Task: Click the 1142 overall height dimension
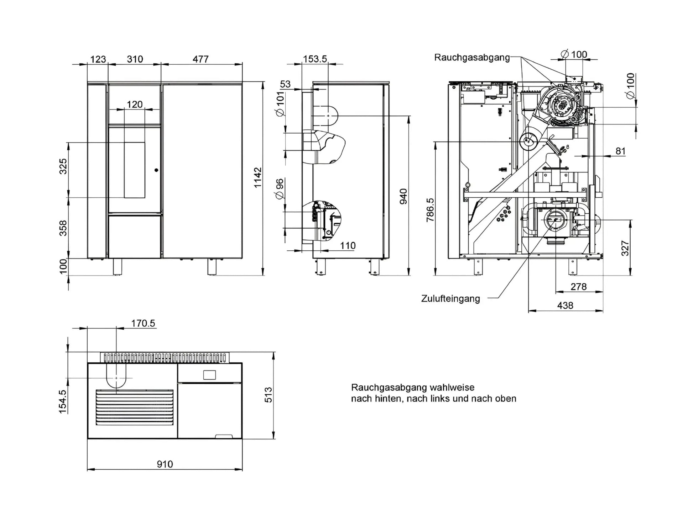(x=258, y=177)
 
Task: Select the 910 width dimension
(x=165, y=464)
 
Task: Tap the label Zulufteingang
(x=450, y=299)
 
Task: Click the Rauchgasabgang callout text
(x=472, y=58)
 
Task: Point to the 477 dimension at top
(x=200, y=59)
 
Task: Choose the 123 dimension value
(x=98, y=59)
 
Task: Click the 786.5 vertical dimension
(x=431, y=210)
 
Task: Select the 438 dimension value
(x=565, y=305)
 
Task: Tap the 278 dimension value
(x=578, y=287)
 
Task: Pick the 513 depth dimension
(x=269, y=395)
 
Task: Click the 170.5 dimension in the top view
(x=143, y=323)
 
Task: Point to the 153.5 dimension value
(x=315, y=59)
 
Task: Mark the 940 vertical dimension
(x=403, y=196)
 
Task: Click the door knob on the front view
(x=156, y=170)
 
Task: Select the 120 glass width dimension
(x=135, y=104)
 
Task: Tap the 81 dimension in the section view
(x=620, y=151)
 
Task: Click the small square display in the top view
(x=209, y=375)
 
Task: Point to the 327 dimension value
(x=625, y=248)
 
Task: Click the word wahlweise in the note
(x=452, y=387)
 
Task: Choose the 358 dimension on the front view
(x=63, y=228)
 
